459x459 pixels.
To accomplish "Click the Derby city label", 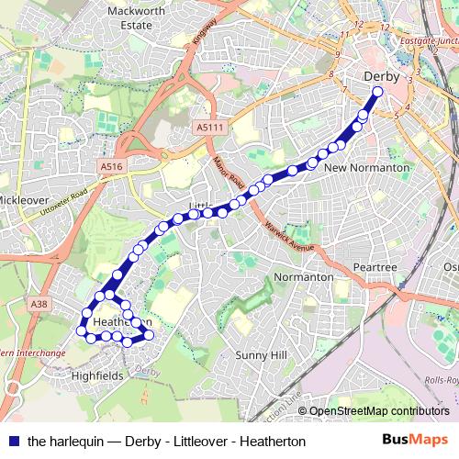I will coord(382,77).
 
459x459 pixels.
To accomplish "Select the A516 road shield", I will coord(110,166).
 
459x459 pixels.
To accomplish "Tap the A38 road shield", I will coord(38,304).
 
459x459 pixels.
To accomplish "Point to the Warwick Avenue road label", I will coord(289,235).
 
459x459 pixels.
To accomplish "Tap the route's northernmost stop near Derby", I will coord(377,92).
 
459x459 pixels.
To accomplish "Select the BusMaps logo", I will coord(414,440).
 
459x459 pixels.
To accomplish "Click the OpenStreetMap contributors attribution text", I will coord(378,412).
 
